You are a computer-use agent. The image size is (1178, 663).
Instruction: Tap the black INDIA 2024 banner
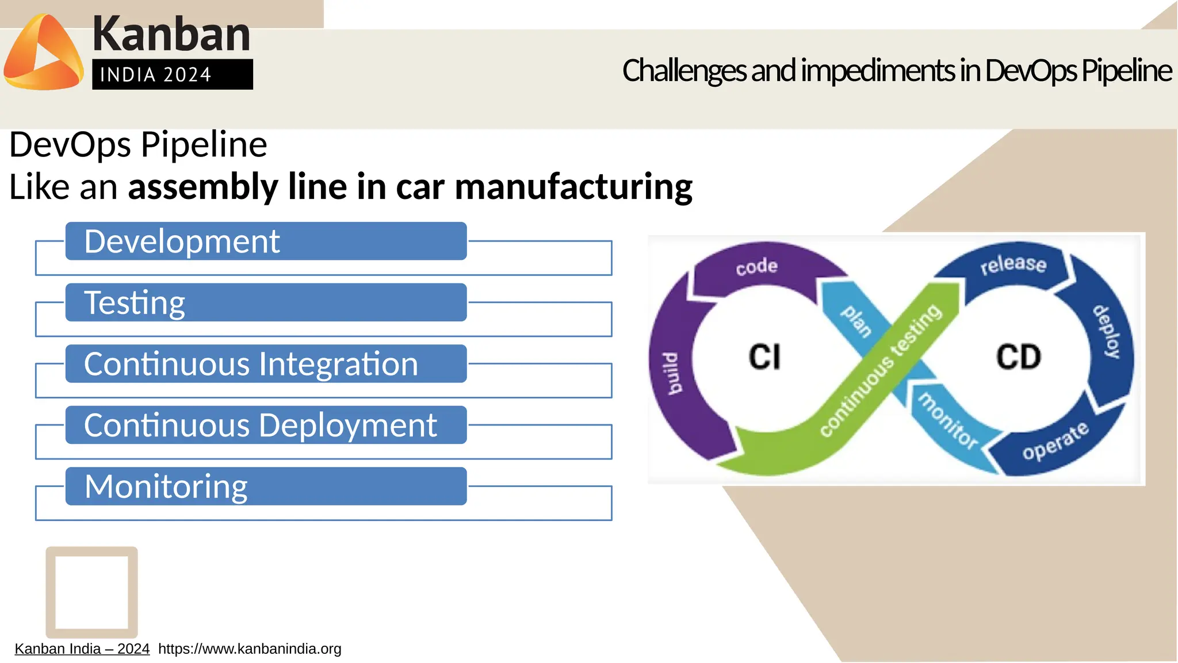coord(172,74)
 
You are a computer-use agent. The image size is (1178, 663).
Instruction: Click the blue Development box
coord(266,241)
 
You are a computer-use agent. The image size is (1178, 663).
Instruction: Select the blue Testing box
coord(266,302)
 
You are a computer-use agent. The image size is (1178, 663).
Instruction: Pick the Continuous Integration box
coord(266,363)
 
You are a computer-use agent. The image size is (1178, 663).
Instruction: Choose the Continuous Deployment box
coord(266,425)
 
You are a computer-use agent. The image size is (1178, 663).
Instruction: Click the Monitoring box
coord(266,486)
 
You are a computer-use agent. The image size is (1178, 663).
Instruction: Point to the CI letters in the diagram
coord(764,357)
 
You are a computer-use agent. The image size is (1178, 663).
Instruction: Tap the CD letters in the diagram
coord(1018,357)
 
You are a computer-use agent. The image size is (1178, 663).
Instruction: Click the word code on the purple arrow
coord(756,266)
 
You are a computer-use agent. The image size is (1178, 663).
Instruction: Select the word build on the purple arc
coord(672,374)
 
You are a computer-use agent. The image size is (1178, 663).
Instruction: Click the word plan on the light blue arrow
coord(856,321)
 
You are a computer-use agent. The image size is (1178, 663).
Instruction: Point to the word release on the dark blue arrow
coord(1013,264)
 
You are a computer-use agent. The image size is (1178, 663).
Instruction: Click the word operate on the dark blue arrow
coord(1055,441)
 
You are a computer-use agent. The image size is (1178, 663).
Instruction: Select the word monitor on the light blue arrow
coord(947,421)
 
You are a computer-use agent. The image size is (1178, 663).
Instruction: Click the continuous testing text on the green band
coord(880,371)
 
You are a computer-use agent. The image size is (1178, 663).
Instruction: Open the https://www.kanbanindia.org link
coord(250,649)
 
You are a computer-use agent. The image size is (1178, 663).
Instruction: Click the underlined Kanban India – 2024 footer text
coord(82,649)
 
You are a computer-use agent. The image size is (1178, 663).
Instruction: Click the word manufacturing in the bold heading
coord(573,187)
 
